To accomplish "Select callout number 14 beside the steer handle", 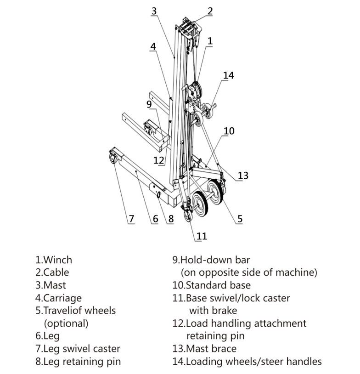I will click(228, 75).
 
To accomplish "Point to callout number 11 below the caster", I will click(202, 236).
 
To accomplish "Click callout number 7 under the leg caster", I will click(131, 219).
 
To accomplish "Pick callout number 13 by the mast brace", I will click(243, 175).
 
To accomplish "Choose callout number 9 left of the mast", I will click(149, 104).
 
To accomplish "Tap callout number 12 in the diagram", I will click(159, 160).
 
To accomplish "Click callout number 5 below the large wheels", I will click(240, 219).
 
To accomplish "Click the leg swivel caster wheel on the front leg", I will click(112, 159).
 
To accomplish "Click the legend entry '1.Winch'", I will click(54, 260).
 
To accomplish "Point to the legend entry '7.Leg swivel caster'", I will click(78, 349).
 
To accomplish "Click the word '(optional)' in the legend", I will click(66, 323).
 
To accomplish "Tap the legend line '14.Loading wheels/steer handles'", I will click(247, 361).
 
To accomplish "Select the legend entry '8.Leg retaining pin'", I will click(78, 361).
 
